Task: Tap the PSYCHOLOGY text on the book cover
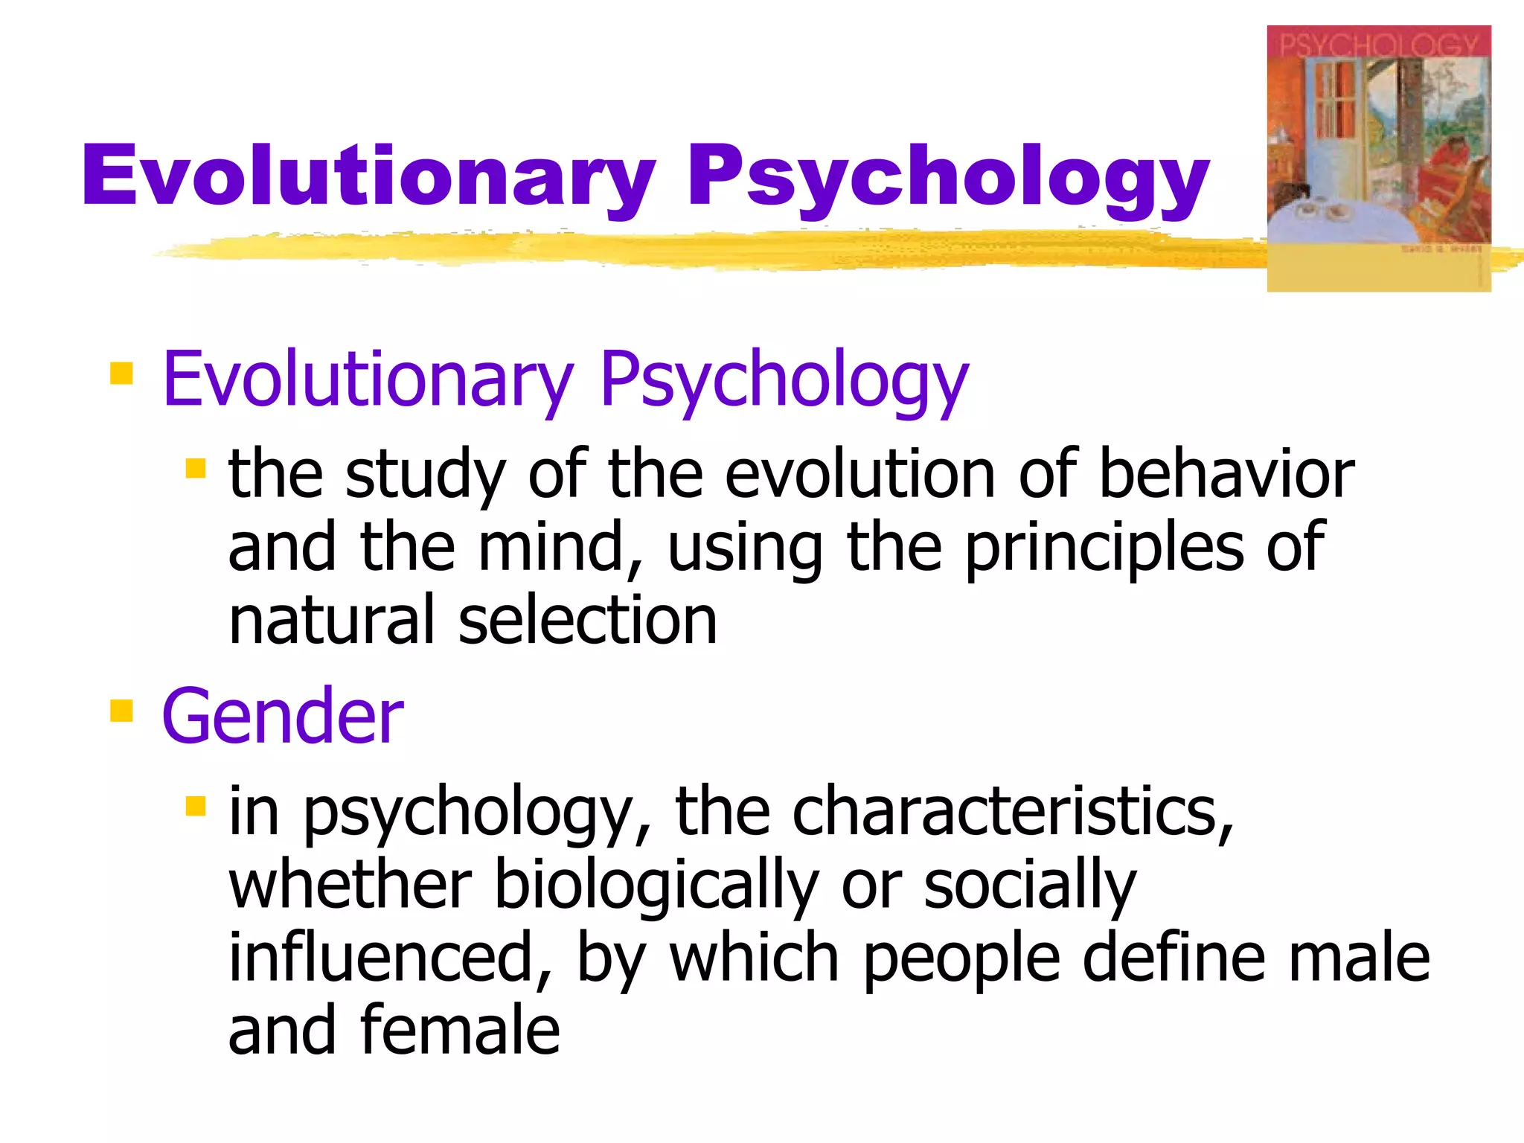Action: [1378, 45]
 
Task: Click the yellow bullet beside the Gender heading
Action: [121, 711]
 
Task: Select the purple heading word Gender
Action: [283, 716]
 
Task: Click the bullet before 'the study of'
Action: [195, 468]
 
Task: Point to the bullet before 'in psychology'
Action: [195, 806]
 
